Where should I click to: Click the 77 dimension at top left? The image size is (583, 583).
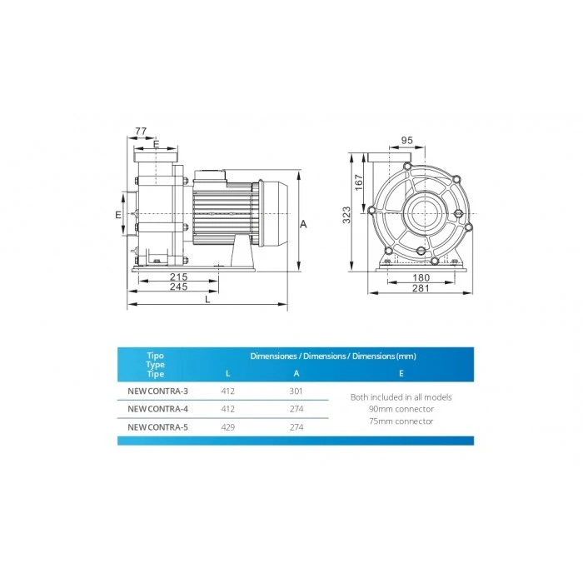pyautogui.click(x=141, y=132)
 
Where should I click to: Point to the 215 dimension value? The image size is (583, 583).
pyautogui.click(x=179, y=277)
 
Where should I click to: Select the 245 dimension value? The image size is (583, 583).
pyautogui.click(x=179, y=287)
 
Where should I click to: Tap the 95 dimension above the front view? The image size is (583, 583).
pyautogui.click(x=406, y=140)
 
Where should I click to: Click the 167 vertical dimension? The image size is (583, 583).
pyautogui.click(x=358, y=182)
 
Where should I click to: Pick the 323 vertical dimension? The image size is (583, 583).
pyautogui.click(x=346, y=215)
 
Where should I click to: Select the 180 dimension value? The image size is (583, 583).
pyautogui.click(x=421, y=277)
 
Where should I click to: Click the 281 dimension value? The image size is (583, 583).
pyautogui.click(x=421, y=288)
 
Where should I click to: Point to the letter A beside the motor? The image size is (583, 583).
pyautogui.click(x=303, y=224)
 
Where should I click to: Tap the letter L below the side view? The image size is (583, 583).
pyautogui.click(x=207, y=299)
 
